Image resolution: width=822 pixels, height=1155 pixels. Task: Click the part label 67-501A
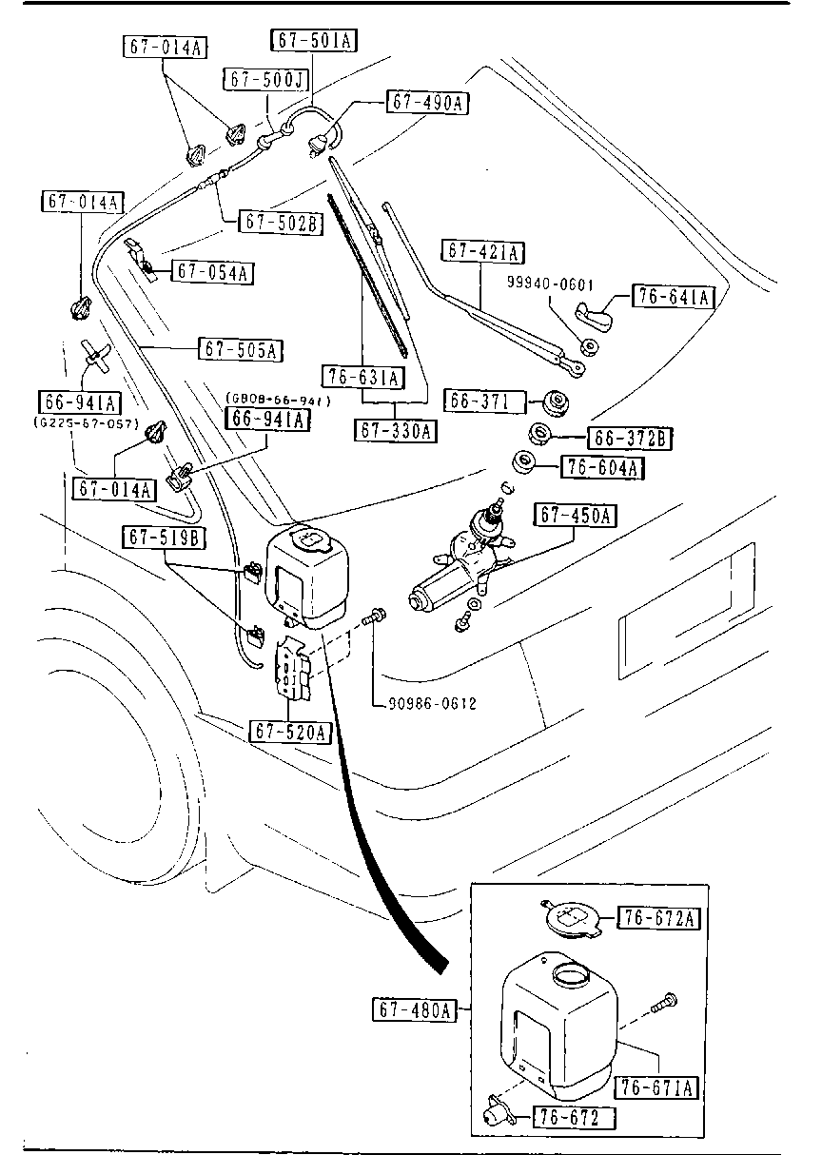(316, 40)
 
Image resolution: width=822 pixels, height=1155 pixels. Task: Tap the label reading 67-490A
(428, 103)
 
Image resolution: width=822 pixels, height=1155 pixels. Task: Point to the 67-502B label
(281, 223)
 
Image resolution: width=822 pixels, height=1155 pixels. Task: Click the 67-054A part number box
(212, 272)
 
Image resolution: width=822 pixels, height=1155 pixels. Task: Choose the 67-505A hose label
(241, 349)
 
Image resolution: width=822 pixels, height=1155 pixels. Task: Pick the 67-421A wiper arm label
(484, 252)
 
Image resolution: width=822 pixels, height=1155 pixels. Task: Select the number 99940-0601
(550, 283)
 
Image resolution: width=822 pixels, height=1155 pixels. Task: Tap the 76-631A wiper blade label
(362, 378)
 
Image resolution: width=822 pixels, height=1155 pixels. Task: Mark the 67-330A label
(396, 431)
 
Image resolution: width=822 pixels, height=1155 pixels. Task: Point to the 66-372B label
(630, 438)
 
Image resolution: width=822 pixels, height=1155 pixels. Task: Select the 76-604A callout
(603, 467)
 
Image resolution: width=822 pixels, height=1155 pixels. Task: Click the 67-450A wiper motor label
(576, 517)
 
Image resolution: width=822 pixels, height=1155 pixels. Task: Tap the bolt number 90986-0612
(432, 704)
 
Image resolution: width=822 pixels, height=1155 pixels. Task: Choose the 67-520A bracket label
(291, 732)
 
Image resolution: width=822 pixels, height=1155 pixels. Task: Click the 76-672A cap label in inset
(659, 918)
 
